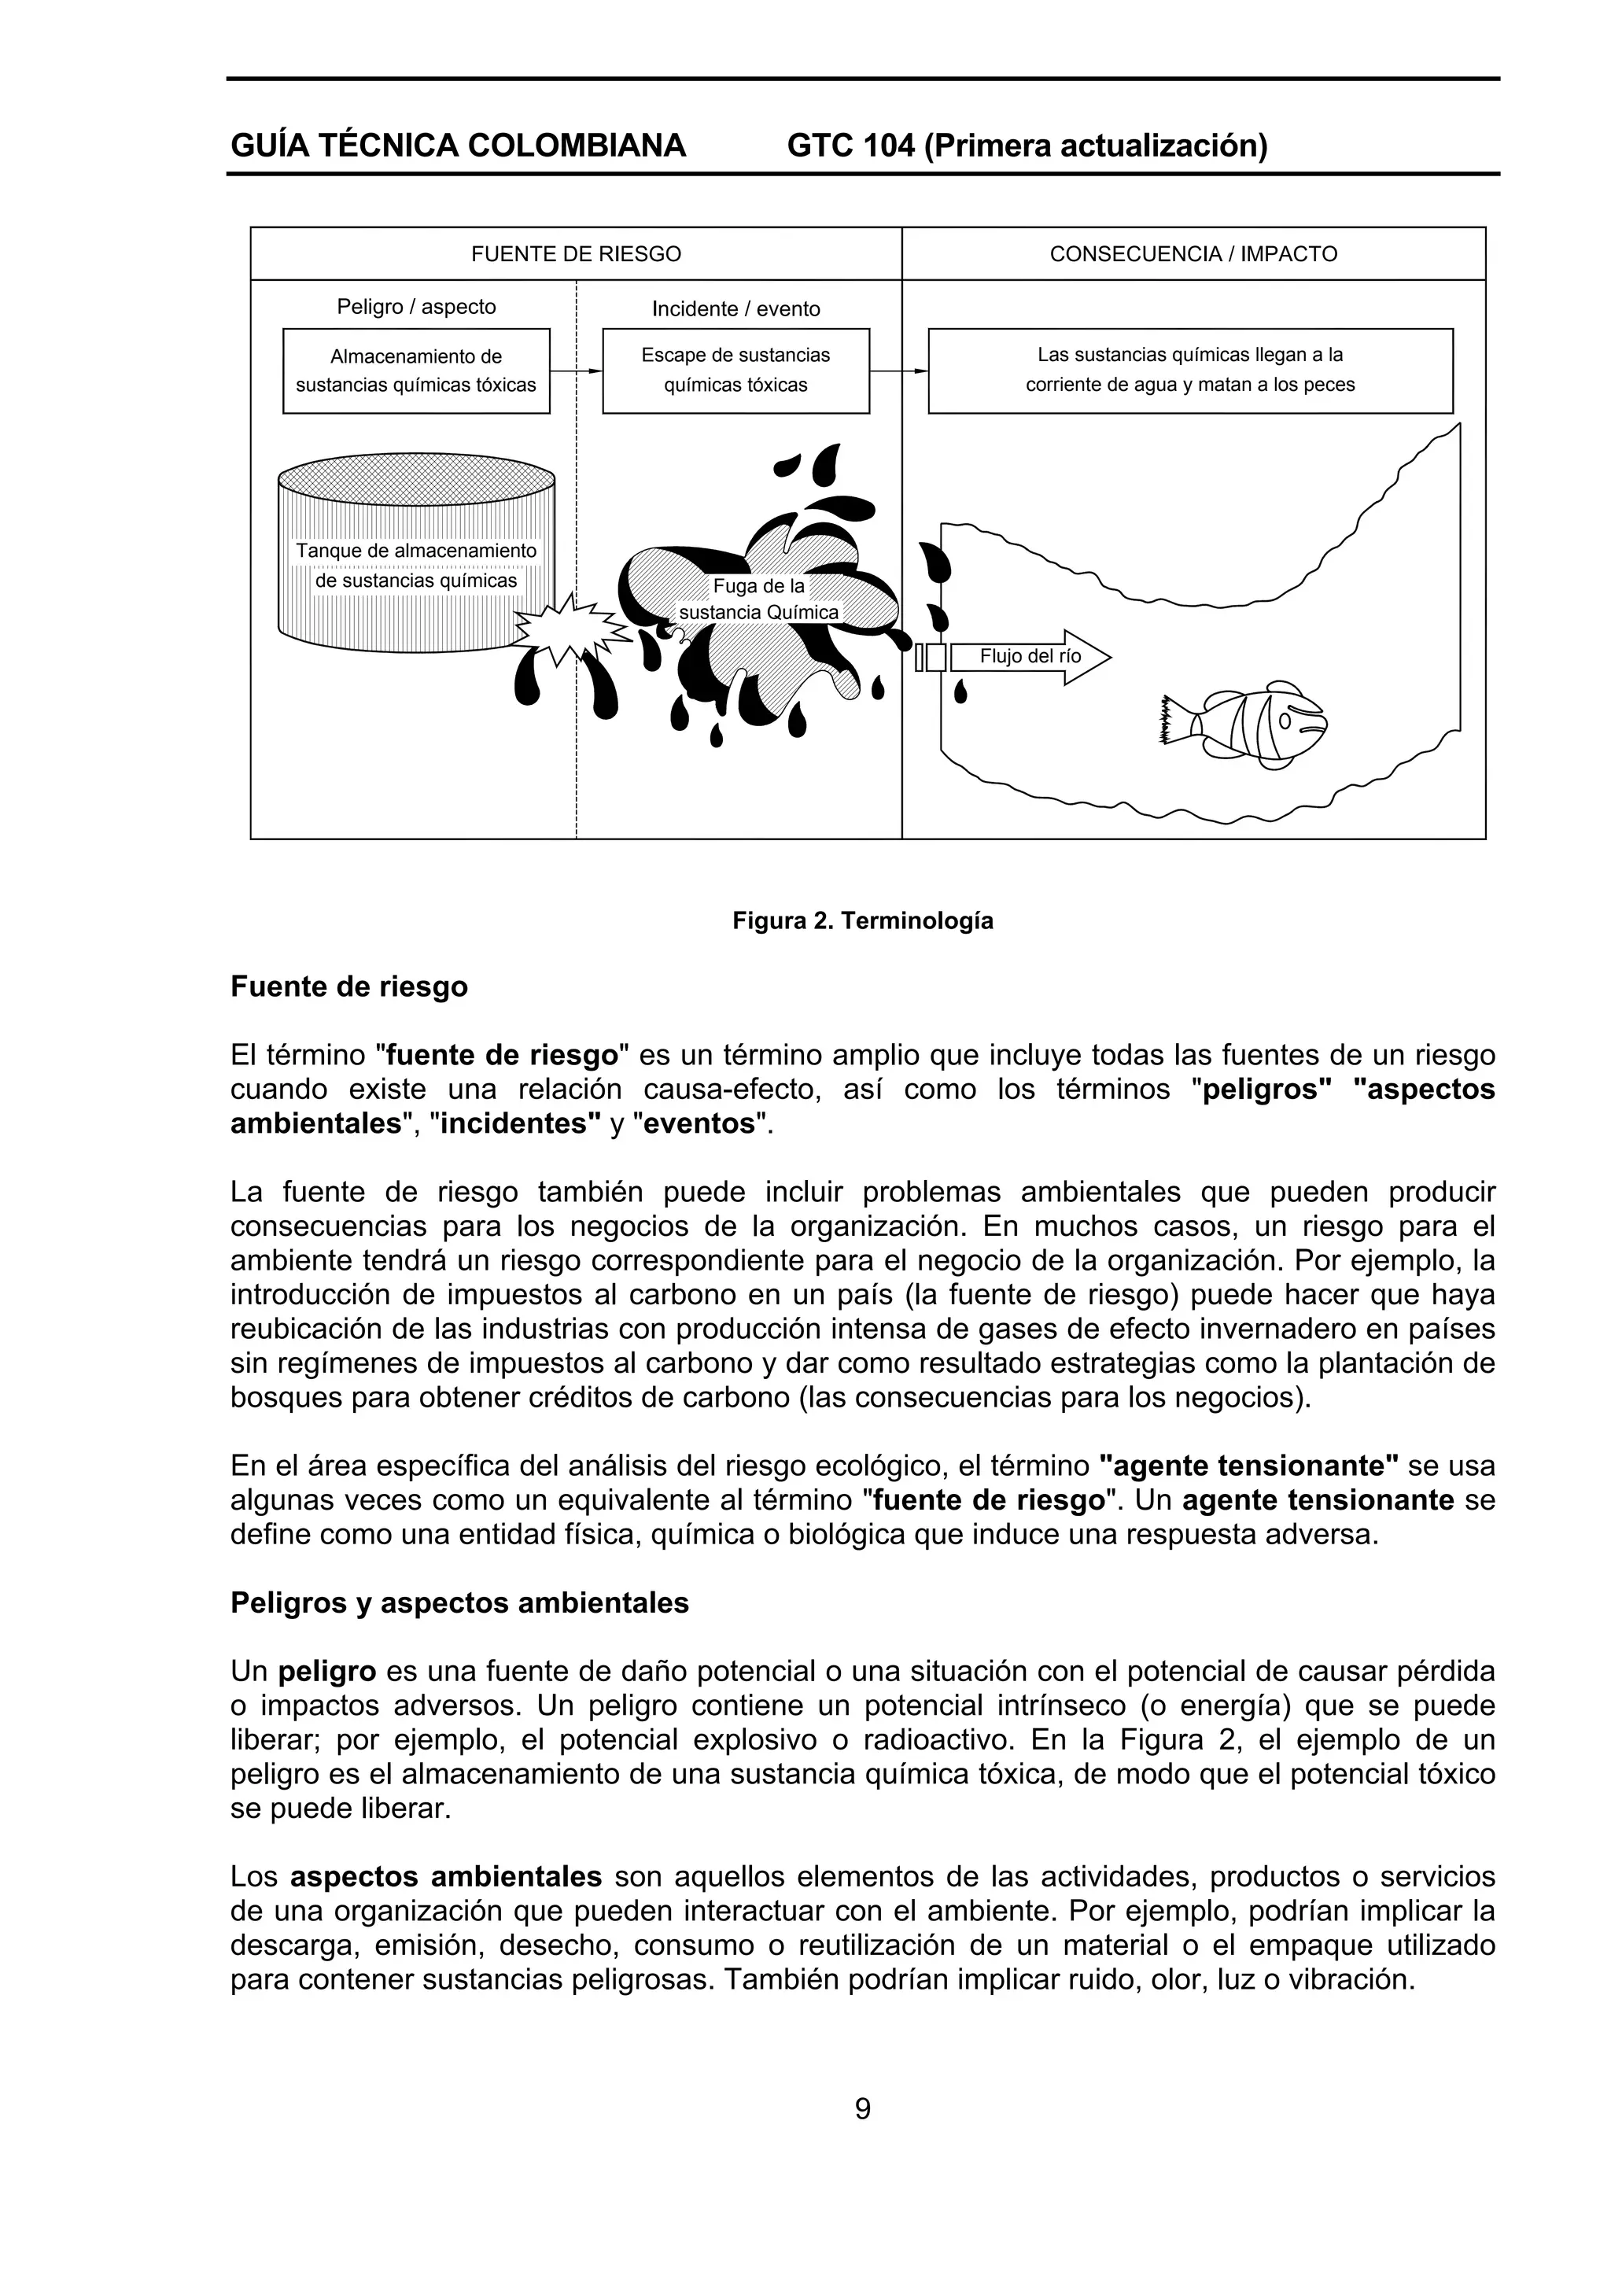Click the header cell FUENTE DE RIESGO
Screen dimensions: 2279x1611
576,254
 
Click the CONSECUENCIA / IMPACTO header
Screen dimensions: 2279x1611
1193,254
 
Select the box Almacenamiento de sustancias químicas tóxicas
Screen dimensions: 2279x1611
416,371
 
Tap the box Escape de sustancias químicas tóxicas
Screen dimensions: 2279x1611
735,371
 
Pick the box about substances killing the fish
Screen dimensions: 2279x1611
1190,371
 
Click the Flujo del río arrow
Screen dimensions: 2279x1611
1030,657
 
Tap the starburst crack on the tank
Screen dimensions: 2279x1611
566,629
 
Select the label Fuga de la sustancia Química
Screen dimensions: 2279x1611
759,599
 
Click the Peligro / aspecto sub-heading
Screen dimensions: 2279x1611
416,307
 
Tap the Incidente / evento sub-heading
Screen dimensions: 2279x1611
735,308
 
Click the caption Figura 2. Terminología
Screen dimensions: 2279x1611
863,921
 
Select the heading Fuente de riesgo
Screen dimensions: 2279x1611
348,987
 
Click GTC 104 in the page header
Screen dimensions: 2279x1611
850,146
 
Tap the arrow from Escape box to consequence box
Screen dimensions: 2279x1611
898,371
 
